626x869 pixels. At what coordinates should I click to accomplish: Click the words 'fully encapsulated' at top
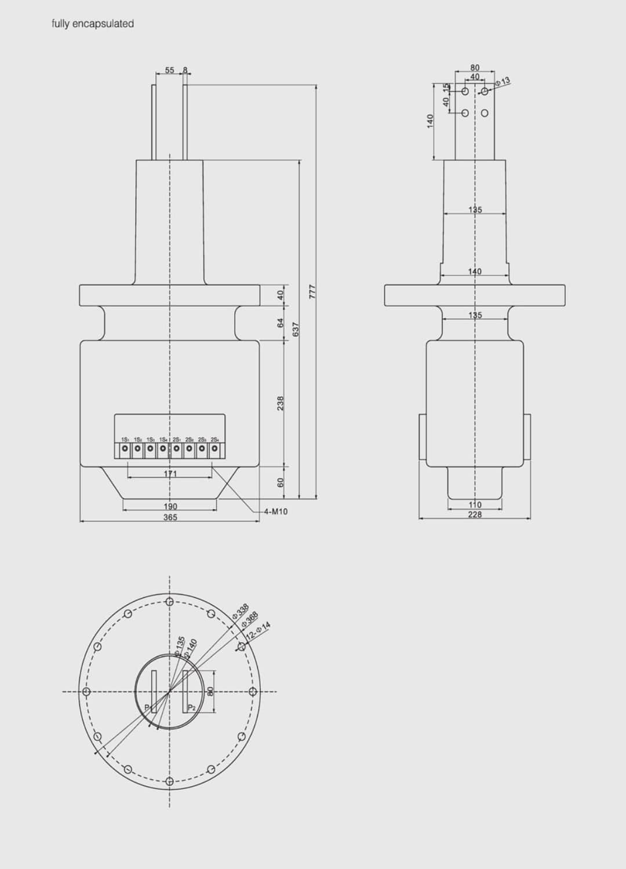click(x=93, y=24)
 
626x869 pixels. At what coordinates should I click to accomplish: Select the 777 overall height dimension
click(x=312, y=291)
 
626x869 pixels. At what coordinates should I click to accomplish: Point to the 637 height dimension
click(x=296, y=330)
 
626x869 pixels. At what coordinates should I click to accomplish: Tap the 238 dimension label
click(x=281, y=403)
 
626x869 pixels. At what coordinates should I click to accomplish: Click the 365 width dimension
click(x=170, y=517)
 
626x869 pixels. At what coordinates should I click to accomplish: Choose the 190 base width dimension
click(x=170, y=506)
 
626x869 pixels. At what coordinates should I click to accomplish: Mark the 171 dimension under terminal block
click(x=170, y=474)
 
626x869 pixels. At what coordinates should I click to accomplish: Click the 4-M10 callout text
click(x=276, y=512)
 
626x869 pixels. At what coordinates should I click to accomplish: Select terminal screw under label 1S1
click(x=125, y=448)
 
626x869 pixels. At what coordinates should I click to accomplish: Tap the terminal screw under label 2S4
click(x=214, y=448)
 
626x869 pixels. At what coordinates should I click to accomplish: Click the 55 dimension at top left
click(x=169, y=70)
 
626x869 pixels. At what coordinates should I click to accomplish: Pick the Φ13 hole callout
click(x=503, y=82)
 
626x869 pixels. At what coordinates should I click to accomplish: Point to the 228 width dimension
click(x=475, y=514)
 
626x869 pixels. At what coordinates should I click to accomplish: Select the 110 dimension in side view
click(x=475, y=505)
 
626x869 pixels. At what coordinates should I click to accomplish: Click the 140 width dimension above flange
click(x=475, y=271)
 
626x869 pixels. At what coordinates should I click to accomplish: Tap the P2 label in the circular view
click(x=192, y=708)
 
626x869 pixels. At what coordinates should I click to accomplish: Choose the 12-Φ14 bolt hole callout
click(x=259, y=631)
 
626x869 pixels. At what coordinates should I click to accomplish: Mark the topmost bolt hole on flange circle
click(x=169, y=601)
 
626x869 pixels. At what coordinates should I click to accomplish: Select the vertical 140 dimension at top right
click(x=430, y=121)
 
